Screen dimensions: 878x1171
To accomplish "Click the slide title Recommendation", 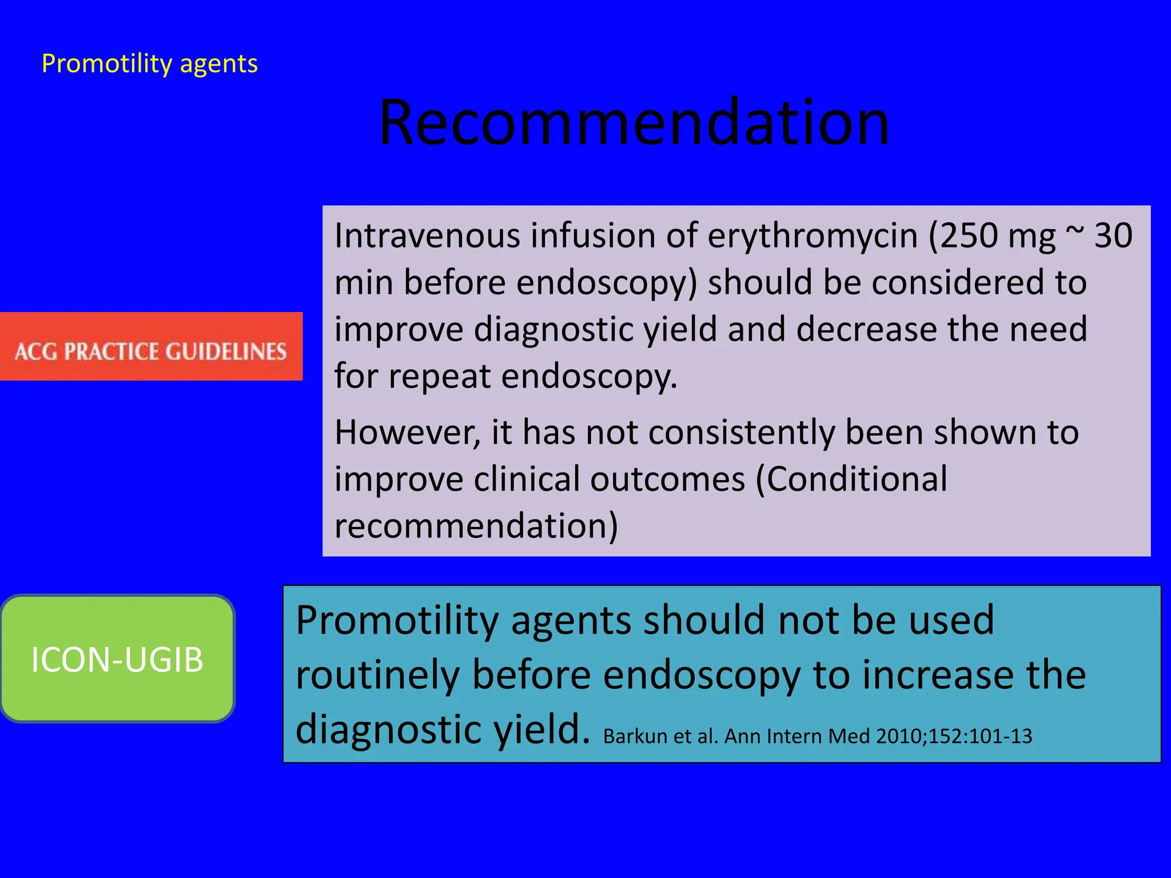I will (x=634, y=122).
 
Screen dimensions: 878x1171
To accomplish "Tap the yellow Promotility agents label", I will (x=149, y=64).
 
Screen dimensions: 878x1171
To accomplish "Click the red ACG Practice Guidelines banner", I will (x=151, y=346).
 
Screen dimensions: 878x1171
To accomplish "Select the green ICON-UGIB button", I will (x=117, y=659).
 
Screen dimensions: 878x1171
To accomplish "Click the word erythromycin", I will (x=812, y=236).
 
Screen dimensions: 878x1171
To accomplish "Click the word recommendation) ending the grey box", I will (x=476, y=525).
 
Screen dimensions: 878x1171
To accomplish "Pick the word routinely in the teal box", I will (x=378, y=675).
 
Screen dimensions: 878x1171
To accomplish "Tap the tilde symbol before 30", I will (x=1075, y=232).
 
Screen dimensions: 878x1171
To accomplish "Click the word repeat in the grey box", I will (x=440, y=377).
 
